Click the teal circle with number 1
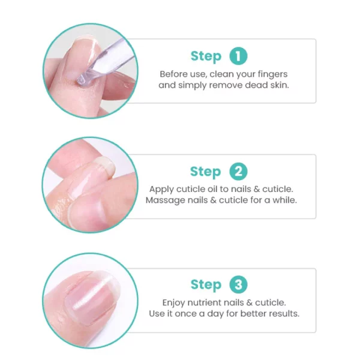[238, 56]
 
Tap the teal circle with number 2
[238, 172]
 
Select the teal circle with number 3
[238, 284]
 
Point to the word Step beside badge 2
[205, 172]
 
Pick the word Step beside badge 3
[206, 285]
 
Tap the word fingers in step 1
[272, 74]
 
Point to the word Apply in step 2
[161, 190]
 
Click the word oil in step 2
[212, 189]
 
